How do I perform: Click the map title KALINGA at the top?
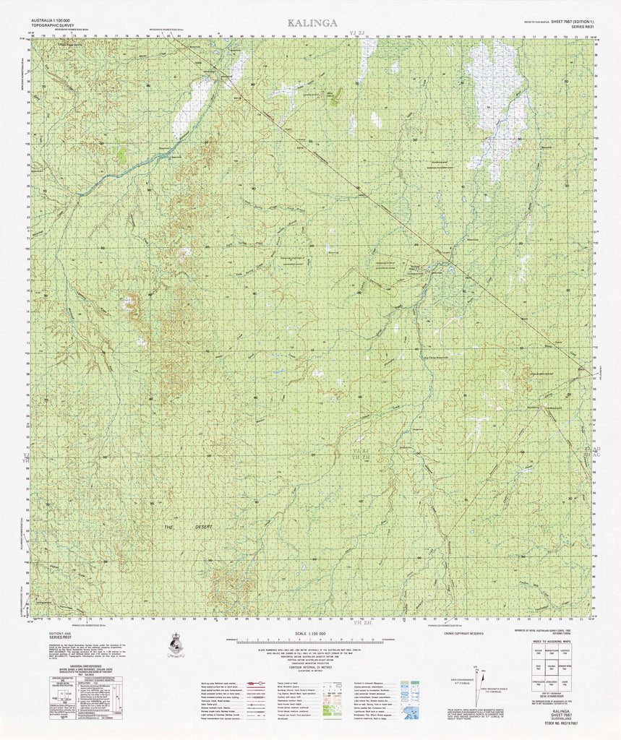(312, 22)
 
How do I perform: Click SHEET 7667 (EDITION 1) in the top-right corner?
(568, 22)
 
